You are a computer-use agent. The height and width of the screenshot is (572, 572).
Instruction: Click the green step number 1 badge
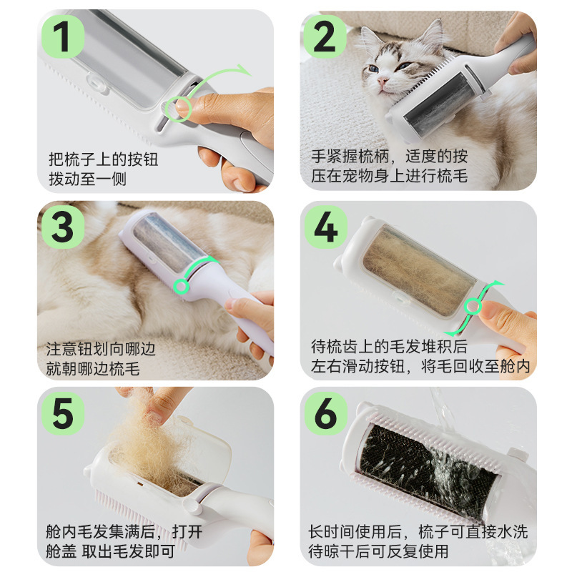pos(63,36)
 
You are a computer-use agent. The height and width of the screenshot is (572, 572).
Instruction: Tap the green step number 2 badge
pos(325,36)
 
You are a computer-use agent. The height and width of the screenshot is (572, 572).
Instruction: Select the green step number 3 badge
pos(63,227)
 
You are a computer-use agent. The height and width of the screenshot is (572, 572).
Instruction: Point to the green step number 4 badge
pos(326,227)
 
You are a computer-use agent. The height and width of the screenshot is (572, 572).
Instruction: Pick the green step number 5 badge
pos(63,413)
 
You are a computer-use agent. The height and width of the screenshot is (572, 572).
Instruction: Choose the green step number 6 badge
pos(326,413)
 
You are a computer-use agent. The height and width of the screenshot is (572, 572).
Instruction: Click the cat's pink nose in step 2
pos(382,81)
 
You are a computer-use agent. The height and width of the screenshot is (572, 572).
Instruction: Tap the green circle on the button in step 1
pos(178,109)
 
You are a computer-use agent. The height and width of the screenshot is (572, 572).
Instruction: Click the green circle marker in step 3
pos(182,287)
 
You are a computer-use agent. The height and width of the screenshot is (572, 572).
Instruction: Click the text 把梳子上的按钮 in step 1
pos(104,159)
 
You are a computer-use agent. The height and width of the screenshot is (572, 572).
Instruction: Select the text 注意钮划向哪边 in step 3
pos(101,349)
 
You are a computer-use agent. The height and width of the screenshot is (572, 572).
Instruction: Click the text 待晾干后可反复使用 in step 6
pos(378,551)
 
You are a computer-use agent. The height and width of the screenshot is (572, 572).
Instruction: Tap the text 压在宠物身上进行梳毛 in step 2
pos(389,176)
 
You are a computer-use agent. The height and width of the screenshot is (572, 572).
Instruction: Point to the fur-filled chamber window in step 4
pos(420,271)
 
